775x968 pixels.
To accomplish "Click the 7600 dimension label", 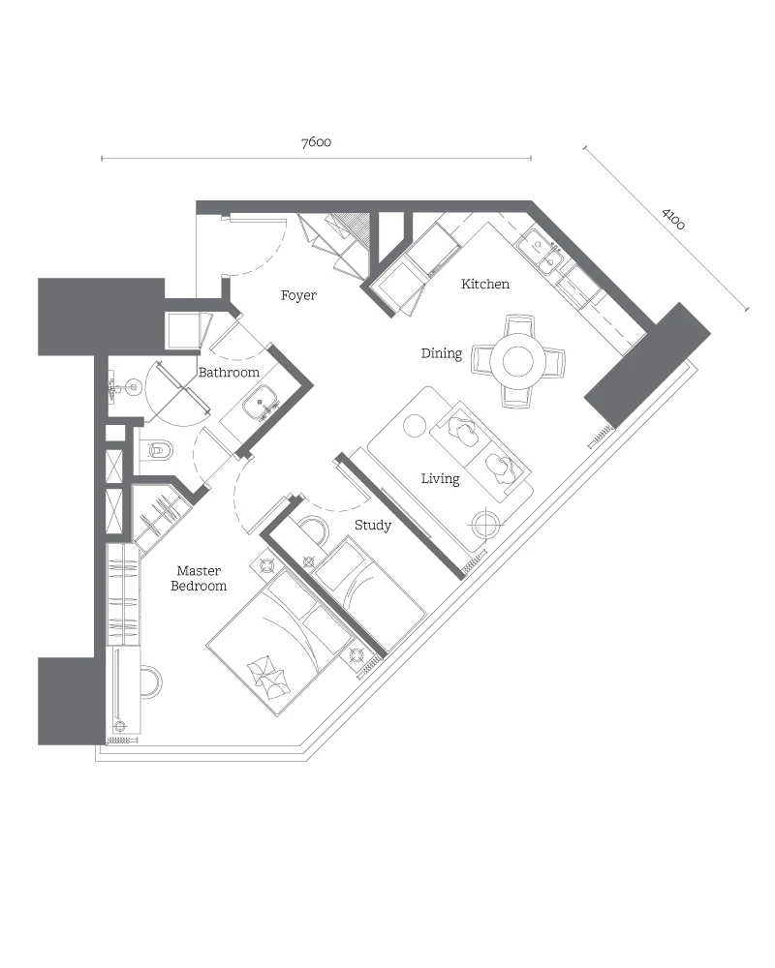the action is click(x=316, y=142).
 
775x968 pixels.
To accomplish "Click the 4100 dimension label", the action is click(x=673, y=219).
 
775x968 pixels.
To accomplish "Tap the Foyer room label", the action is click(x=298, y=295).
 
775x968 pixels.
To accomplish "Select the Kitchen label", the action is click(x=485, y=284).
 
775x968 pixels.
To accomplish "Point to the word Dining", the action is click(x=442, y=353).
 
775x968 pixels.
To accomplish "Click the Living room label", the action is click(x=440, y=479).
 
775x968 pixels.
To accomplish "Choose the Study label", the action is click(x=373, y=526).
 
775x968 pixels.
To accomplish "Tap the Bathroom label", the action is click(x=229, y=373).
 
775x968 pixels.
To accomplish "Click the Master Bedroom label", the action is click(x=199, y=579).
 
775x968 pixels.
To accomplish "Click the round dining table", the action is click(x=518, y=361).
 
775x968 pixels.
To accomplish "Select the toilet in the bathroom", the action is click(x=157, y=450).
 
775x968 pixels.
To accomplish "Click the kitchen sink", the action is click(x=540, y=252).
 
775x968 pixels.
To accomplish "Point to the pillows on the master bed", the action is click(x=266, y=677).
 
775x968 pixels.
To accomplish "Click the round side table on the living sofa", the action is click(x=414, y=426).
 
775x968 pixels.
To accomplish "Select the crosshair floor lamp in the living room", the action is click(x=485, y=525).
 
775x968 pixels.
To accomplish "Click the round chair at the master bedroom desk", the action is click(x=151, y=681).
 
